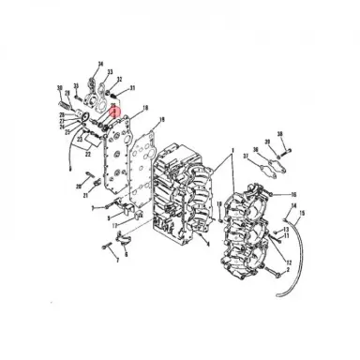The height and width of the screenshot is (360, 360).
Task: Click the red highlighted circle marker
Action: (115, 112)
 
